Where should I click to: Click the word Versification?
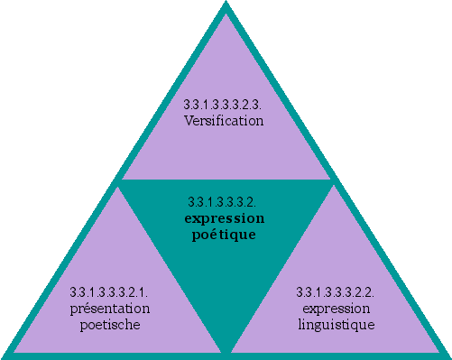224,120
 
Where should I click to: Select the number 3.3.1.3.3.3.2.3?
224,106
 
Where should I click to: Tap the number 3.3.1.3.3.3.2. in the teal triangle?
225,202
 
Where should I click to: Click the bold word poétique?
225,235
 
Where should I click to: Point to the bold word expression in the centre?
225,218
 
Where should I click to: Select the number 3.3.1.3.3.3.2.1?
109,292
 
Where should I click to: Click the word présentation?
110,309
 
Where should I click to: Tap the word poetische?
110,325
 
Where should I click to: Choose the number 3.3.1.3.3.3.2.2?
336,292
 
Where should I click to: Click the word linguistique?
336,325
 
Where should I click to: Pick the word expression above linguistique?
336,309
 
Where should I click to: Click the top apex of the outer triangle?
226,5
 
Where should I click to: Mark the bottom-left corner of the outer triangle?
5,355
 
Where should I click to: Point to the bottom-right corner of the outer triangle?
447,355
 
